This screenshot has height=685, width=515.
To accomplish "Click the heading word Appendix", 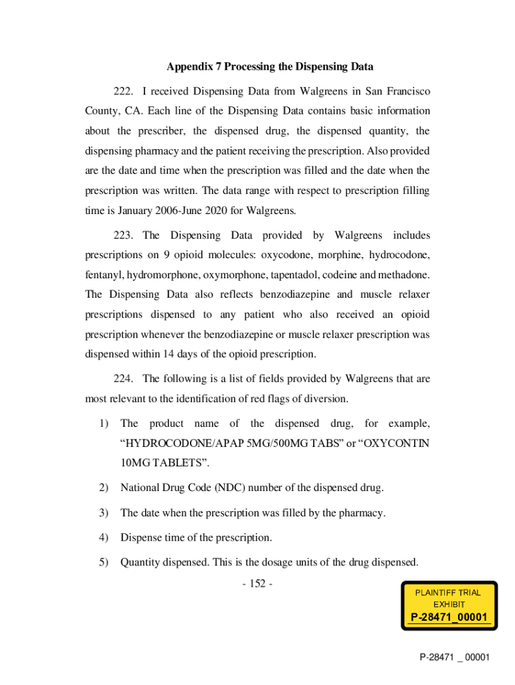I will click(x=193, y=67).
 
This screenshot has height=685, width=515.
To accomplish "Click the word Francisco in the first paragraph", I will click(x=405, y=90).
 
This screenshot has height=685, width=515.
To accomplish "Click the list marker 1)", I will click(x=104, y=424).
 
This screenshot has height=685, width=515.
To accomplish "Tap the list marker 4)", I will click(x=104, y=538).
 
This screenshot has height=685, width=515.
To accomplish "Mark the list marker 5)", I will click(x=104, y=563).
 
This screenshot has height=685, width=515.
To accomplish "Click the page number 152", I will click(x=257, y=584).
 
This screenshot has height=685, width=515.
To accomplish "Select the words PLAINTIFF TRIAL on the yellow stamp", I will click(x=448, y=592).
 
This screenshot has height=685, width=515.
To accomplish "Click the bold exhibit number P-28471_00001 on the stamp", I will click(x=448, y=617).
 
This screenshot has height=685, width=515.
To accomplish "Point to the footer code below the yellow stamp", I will click(x=455, y=658).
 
